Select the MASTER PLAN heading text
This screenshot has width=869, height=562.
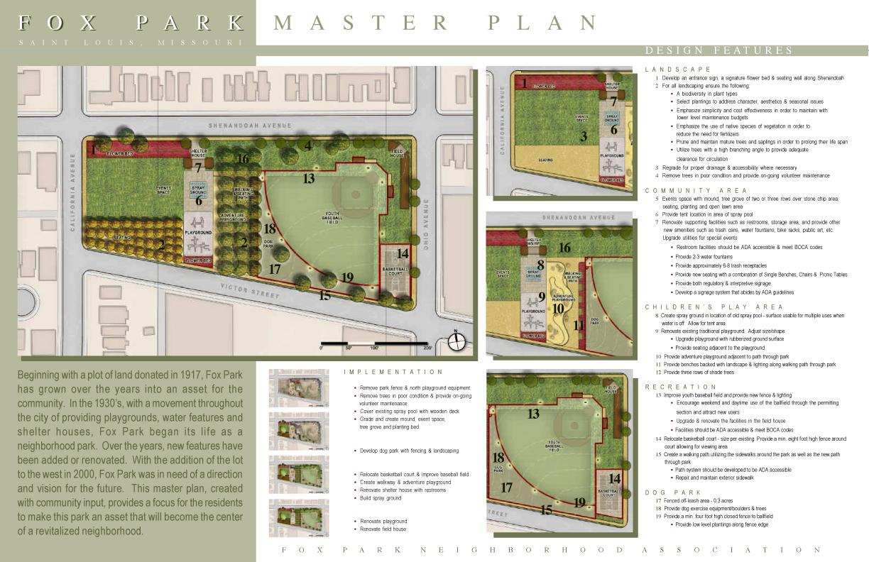(436, 23)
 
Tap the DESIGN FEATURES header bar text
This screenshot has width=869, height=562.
(718, 50)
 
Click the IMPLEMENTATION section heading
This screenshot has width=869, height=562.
(393, 372)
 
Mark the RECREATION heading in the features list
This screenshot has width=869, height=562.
(674, 387)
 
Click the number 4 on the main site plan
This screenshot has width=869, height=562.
(308, 146)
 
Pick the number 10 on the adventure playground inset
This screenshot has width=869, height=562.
(558, 308)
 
